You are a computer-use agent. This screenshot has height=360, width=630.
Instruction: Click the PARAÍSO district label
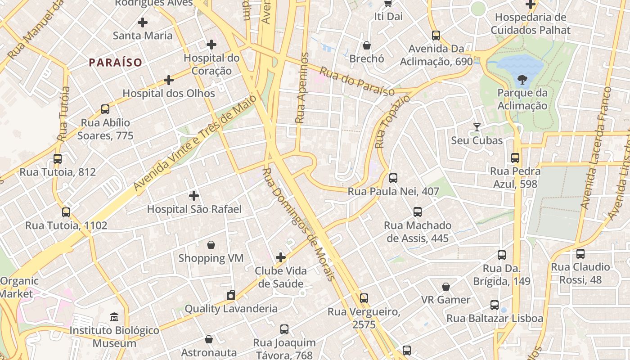115,63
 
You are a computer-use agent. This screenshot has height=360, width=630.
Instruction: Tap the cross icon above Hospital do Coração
211,45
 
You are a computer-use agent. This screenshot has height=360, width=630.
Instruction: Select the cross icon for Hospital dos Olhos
169,80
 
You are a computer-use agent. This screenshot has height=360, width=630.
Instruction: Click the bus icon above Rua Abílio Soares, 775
105,109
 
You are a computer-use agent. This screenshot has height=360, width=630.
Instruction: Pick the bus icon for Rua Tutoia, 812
58,159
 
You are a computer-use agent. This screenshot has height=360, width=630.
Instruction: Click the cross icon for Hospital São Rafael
194,196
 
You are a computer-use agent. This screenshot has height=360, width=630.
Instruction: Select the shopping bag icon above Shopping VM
211,245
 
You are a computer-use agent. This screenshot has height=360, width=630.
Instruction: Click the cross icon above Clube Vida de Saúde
281,257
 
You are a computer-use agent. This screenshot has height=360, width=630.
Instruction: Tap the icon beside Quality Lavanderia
231,295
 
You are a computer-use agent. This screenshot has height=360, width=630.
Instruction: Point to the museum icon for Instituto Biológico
114,317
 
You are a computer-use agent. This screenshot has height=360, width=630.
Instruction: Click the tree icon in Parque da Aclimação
522,80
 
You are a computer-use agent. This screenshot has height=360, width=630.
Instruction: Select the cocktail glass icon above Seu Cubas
477,127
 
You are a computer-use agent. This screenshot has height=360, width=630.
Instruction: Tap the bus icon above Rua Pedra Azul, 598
515,158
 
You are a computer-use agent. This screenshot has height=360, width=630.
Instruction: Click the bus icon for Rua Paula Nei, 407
393,178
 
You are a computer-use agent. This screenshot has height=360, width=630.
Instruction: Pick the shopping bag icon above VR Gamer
446,287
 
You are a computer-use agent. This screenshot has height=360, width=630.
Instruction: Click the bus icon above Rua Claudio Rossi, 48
580,254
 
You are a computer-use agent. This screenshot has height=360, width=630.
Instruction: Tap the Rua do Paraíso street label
357,82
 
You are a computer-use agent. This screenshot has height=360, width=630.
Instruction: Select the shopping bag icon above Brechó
367,45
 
